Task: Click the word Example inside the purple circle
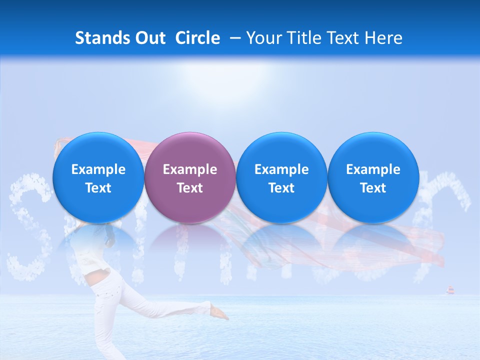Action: pyautogui.click(x=190, y=169)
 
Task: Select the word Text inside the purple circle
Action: pyautogui.click(x=190, y=188)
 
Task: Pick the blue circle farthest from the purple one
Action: pyautogui.click(x=373, y=177)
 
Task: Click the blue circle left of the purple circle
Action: pyautogui.click(x=98, y=177)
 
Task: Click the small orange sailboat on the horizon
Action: pyautogui.click(x=449, y=289)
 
